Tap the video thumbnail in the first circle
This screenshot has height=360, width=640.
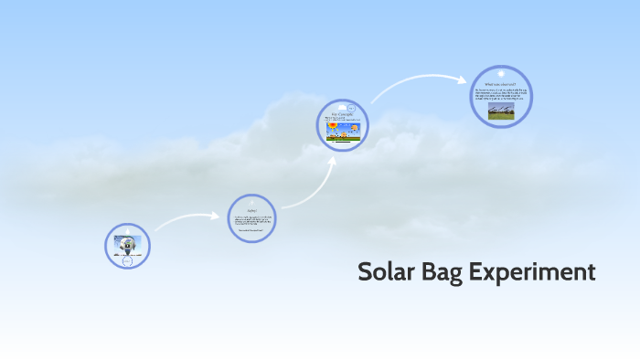coord(126,244)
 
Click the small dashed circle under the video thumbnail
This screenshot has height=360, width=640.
coord(127,261)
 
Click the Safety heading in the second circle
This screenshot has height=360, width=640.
coord(251,209)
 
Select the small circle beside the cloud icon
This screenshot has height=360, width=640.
coord(350,107)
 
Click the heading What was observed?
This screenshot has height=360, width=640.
coord(501,83)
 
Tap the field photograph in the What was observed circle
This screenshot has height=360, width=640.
coord(500,111)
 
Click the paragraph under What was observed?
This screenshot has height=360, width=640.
coord(500,93)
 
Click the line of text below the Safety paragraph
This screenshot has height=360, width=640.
coord(251,231)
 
